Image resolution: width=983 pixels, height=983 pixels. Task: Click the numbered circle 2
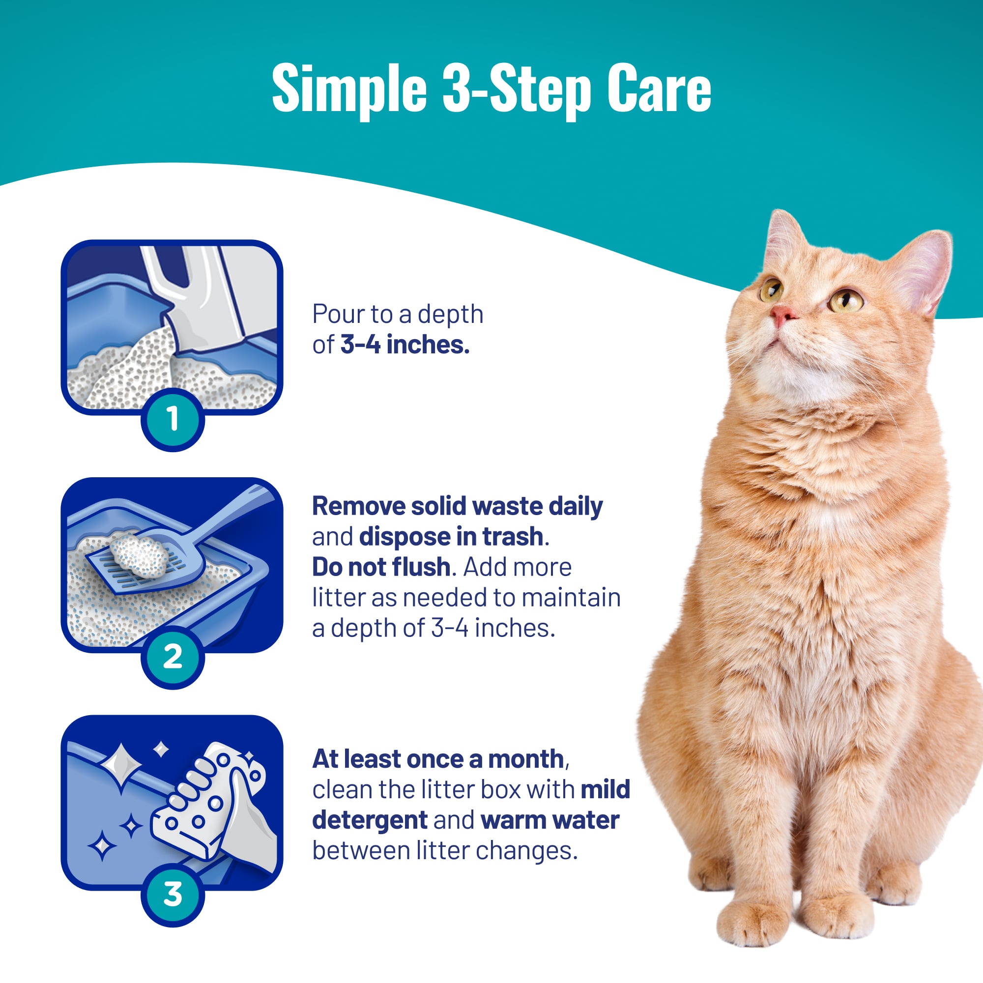point(173,657)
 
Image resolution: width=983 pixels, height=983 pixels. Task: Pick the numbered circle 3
point(173,895)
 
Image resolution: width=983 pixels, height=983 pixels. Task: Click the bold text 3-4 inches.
point(405,345)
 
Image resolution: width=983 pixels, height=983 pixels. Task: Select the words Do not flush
point(381,567)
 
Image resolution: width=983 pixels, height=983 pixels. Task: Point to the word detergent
point(370,821)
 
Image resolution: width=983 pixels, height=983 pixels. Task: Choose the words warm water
point(550,820)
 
